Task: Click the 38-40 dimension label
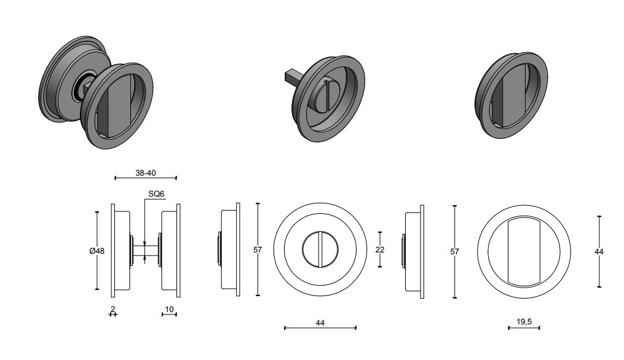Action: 145,173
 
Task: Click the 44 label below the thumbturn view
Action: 320,322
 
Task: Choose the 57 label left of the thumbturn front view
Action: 258,250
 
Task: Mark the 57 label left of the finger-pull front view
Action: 455,251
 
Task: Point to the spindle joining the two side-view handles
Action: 145,249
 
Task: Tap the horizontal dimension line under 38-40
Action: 146,179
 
